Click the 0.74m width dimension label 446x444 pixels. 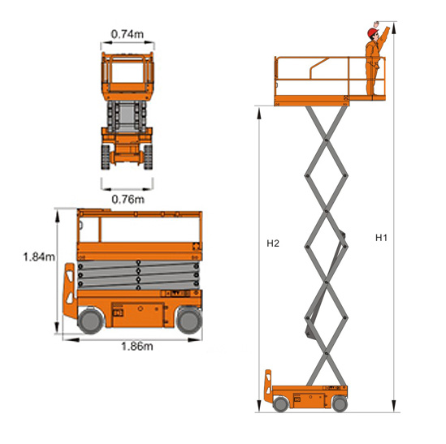(128, 34)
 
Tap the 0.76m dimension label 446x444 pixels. (128, 199)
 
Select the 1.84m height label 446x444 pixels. (39, 257)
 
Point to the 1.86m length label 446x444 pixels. (137, 347)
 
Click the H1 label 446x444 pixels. (381, 238)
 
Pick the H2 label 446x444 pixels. (273, 244)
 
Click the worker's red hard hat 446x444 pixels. (372, 32)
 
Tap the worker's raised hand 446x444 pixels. (376, 24)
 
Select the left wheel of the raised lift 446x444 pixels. (281, 403)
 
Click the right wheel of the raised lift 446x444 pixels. (340, 403)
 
